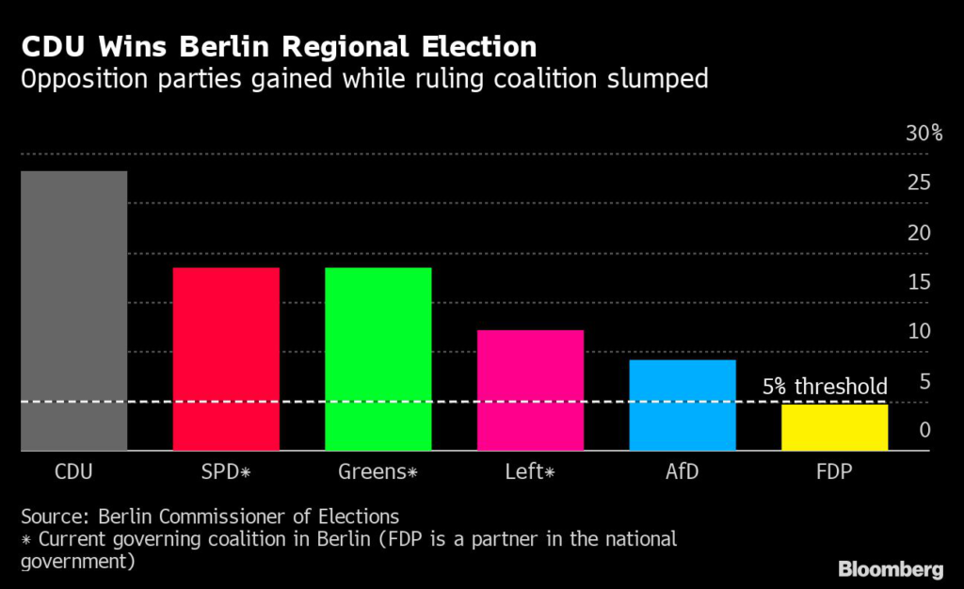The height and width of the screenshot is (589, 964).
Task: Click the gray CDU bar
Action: tap(73, 310)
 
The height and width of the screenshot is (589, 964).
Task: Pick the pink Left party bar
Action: tap(530, 390)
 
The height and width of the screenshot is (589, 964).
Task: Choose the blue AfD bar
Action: tap(683, 406)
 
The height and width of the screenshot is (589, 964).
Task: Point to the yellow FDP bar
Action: tap(834, 427)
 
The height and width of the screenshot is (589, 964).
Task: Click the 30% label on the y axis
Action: tap(924, 133)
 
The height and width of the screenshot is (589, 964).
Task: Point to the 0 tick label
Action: tap(924, 430)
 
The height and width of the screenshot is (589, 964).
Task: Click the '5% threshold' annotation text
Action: tap(825, 386)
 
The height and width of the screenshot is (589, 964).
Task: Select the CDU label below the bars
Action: tap(73, 471)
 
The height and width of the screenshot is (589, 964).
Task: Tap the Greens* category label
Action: tap(378, 471)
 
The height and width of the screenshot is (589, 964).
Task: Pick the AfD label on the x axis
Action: tap(683, 471)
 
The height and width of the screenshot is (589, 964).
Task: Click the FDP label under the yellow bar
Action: tap(834, 471)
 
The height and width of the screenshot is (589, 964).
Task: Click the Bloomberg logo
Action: tap(891, 568)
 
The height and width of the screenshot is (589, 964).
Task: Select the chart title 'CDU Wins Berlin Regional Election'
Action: tap(279, 47)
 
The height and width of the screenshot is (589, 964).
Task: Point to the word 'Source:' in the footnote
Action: tap(52, 517)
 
